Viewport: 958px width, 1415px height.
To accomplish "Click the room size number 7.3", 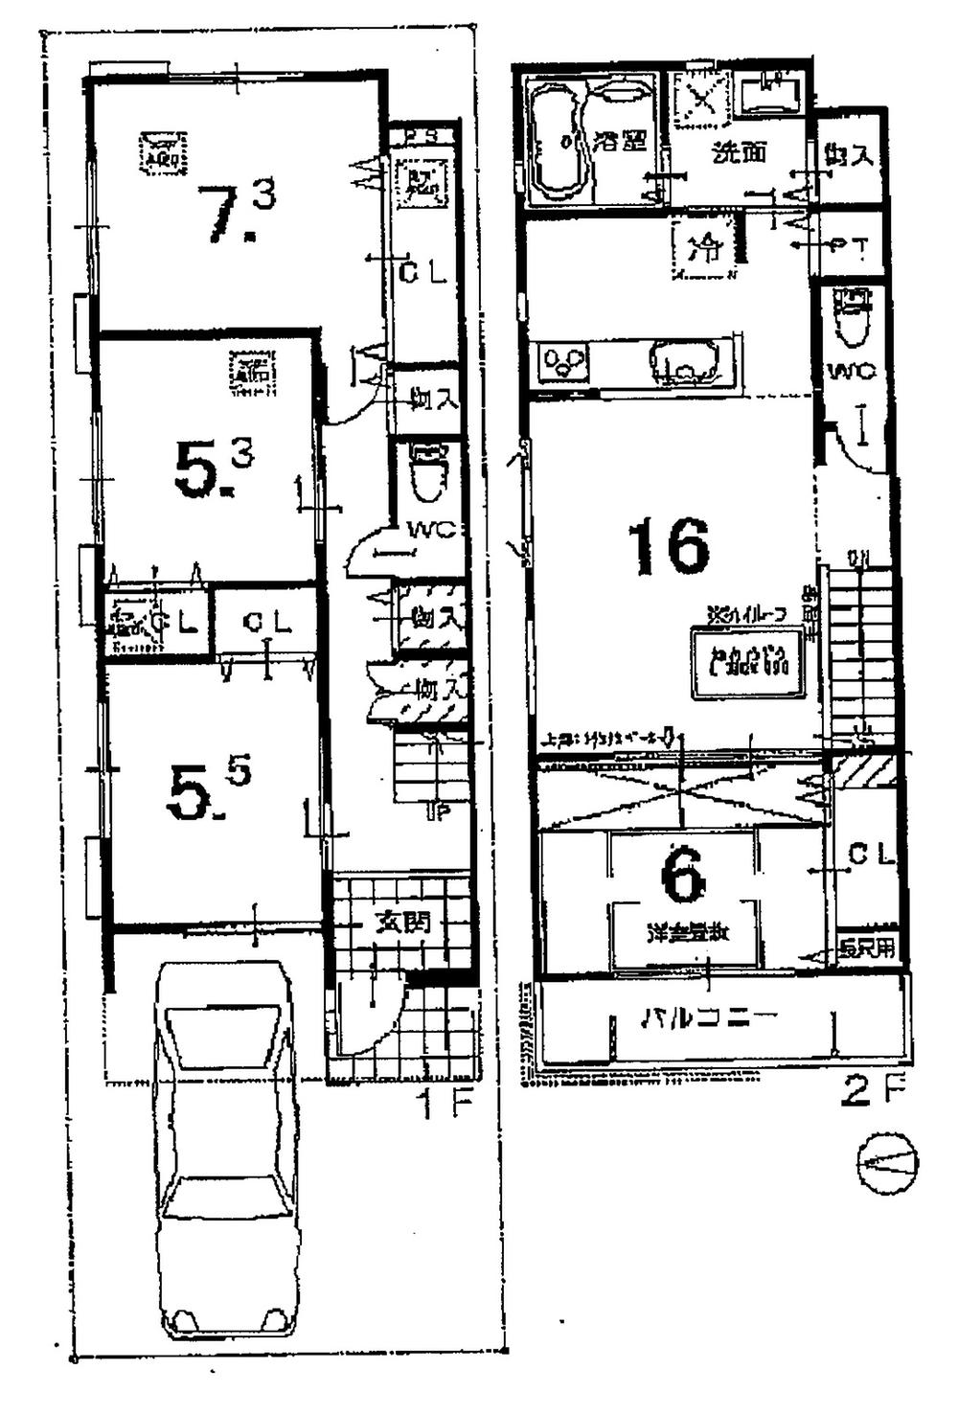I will click(236, 211).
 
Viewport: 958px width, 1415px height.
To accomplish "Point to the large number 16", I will click(668, 546).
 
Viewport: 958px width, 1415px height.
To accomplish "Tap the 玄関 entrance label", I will click(401, 923).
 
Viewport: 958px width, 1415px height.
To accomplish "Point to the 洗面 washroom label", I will click(739, 152).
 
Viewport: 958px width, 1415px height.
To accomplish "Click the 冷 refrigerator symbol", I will click(708, 249).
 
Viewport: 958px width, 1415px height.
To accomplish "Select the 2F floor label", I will click(871, 1091).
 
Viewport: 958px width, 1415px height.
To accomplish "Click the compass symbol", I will click(886, 1163).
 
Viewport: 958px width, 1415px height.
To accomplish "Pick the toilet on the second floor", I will click(852, 319).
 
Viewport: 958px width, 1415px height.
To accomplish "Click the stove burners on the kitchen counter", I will click(561, 363).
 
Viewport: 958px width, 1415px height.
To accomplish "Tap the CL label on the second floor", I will click(870, 856).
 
